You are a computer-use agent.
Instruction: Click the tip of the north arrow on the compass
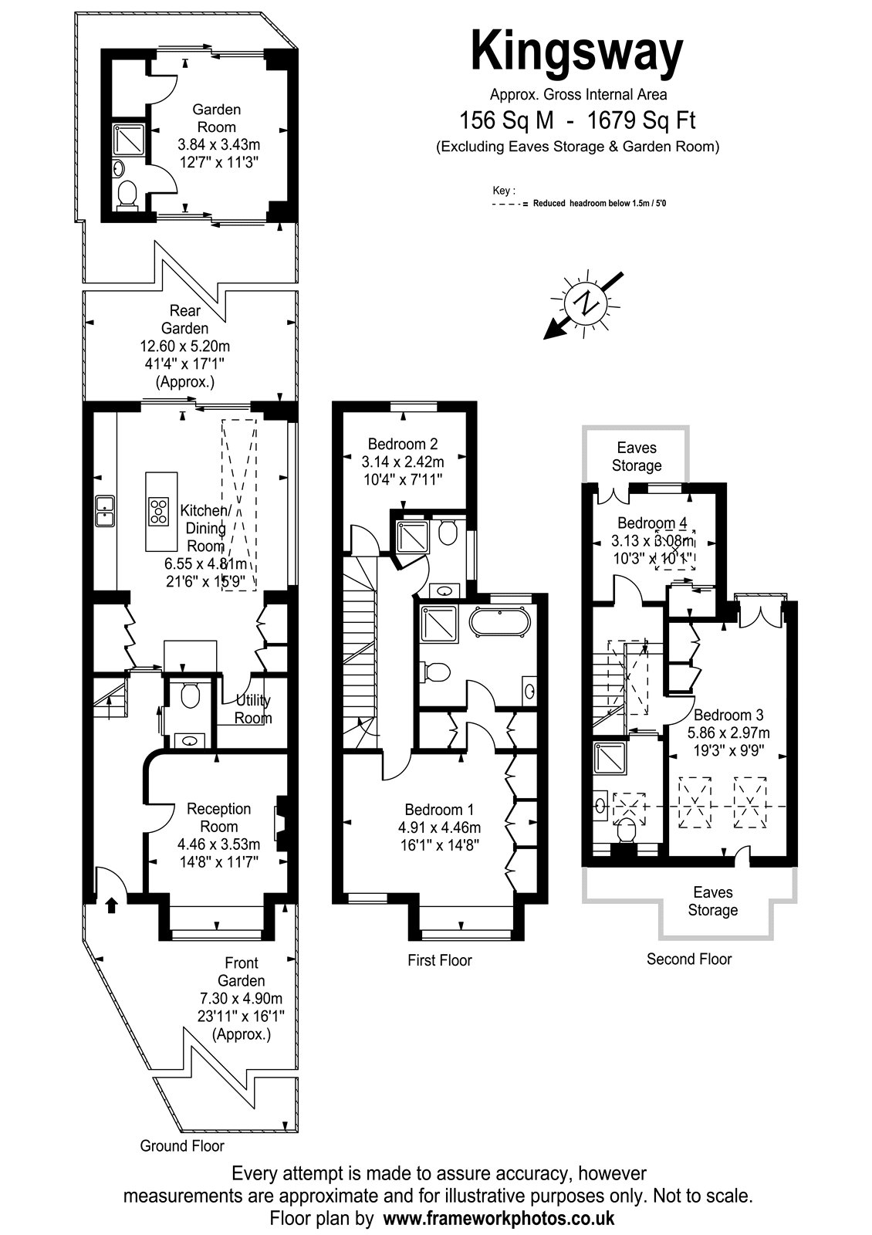click(545, 339)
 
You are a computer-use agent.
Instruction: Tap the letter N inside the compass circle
click(585, 303)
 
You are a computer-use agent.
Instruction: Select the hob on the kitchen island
click(159, 511)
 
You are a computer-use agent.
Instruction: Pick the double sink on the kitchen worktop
click(105, 511)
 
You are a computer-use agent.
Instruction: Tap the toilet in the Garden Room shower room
click(127, 195)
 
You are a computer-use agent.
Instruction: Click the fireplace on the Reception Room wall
click(280, 824)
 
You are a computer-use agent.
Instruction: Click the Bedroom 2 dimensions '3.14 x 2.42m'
click(402, 462)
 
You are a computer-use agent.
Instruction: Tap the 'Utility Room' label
click(253, 709)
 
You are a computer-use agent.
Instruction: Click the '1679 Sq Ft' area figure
click(641, 120)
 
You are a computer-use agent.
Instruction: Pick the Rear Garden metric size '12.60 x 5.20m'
click(184, 347)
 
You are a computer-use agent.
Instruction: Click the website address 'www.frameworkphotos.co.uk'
click(499, 1217)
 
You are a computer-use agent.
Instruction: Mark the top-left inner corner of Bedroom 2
click(343, 412)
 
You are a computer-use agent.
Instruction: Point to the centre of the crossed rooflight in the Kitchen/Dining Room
click(239, 505)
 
